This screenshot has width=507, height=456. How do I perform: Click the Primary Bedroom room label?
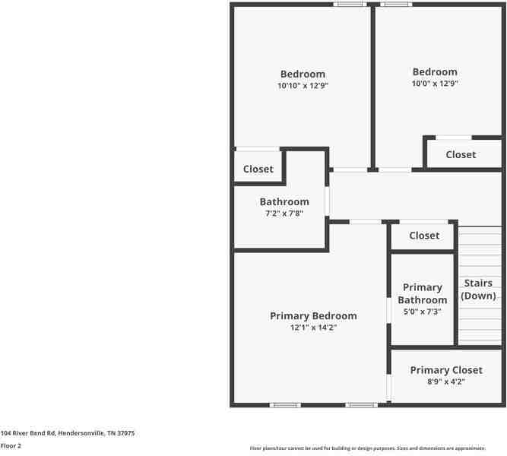coord(313,316)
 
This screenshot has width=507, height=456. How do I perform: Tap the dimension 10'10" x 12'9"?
coord(303,87)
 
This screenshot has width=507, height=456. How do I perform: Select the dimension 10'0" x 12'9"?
coord(435,84)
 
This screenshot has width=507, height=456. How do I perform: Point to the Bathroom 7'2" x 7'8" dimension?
coord(284,214)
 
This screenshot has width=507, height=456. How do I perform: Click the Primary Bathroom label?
coord(423,293)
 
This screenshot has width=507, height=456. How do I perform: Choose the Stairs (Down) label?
coord(478,290)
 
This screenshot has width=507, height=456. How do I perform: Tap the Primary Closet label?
coord(446,370)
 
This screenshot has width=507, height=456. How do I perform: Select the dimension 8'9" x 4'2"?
coord(446,382)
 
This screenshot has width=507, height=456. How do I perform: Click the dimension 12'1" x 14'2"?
coord(313,328)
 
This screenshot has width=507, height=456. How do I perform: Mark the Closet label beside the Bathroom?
coord(258,169)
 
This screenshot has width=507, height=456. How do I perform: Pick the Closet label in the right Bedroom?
coord(461,155)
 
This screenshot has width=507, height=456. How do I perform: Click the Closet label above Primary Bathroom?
coord(424,236)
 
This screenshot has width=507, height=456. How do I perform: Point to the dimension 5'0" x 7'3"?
coord(423,312)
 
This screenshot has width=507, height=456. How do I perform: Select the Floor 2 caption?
coord(11,446)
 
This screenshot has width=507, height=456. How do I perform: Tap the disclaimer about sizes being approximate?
coord(368,448)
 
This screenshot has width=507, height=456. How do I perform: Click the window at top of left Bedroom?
coord(350,5)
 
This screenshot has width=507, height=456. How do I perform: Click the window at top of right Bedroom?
coord(396,5)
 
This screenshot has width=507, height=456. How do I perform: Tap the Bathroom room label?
coord(284,202)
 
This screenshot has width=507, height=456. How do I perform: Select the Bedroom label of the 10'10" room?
coord(303,74)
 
